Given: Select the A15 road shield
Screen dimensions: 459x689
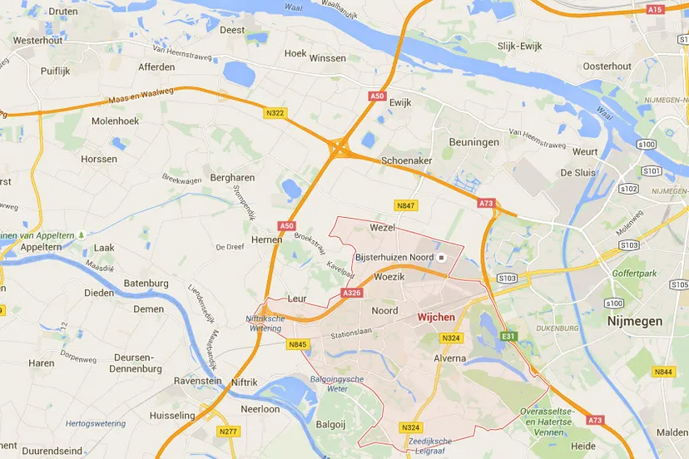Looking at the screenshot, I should (x=655, y=9).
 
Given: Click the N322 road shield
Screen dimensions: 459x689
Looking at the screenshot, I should (x=275, y=112).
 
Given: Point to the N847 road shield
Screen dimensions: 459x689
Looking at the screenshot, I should (x=406, y=205).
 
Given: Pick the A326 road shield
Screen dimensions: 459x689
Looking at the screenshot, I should (x=352, y=294).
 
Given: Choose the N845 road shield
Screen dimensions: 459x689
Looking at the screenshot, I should (x=298, y=344).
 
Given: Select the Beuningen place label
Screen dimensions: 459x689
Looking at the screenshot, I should (x=474, y=142).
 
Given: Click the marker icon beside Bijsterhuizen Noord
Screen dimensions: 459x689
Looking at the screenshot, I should (x=443, y=258).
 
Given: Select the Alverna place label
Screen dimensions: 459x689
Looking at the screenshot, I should (x=450, y=358).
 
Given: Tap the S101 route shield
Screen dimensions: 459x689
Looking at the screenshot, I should (x=652, y=171).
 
